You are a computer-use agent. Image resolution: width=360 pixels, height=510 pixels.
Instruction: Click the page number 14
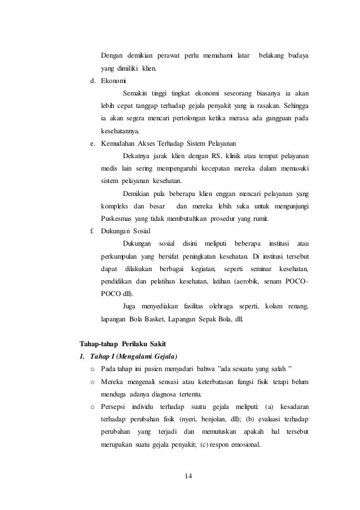(188, 475)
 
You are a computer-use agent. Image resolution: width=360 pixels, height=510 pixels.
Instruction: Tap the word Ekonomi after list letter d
(115, 81)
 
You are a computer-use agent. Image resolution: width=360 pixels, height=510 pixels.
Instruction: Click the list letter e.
(92, 143)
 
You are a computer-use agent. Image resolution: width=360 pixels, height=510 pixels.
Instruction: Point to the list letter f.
(92, 230)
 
